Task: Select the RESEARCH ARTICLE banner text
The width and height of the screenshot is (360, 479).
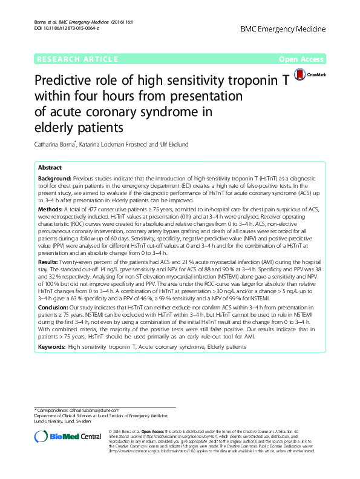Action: [77, 59]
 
